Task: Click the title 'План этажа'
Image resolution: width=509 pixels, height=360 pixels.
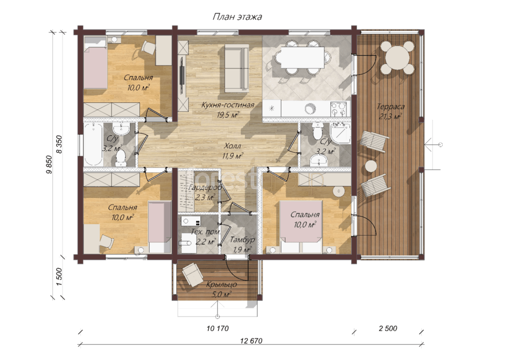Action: click(237, 17)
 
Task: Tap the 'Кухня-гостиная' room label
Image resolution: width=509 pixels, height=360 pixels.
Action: click(228, 105)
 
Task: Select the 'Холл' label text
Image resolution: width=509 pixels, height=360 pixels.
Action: click(233, 146)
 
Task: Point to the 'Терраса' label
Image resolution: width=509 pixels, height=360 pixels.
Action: click(391, 106)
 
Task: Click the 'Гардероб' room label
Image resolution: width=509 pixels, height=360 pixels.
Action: click(205, 188)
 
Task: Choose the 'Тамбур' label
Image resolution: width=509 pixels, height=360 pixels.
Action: click(242, 240)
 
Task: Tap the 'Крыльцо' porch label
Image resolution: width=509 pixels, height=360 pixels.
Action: click(222, 285)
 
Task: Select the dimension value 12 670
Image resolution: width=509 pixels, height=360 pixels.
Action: click(251, 340)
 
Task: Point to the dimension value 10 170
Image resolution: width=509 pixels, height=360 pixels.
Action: click(218, 329)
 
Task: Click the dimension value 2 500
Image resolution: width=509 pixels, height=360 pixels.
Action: click(388, 329)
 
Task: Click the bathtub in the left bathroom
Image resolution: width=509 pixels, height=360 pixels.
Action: click(93, 145)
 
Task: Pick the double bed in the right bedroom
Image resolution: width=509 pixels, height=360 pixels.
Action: click(301, 226)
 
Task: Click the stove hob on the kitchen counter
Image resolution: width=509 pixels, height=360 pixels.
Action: click(339, 109)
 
